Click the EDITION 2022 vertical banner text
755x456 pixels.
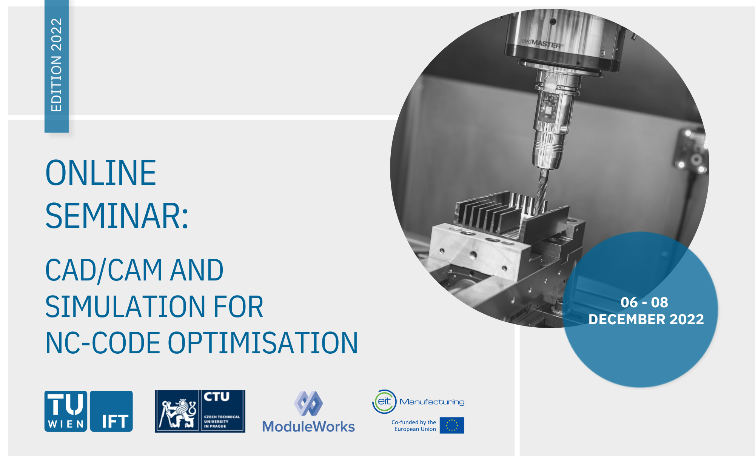click(x=57, y=65)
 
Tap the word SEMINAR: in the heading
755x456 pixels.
click(x=117, y=216)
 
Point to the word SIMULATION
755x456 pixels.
click(x=125, y=307)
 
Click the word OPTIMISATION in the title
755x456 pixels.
click(x=263, y=343)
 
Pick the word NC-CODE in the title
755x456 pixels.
click(x=103, y=343)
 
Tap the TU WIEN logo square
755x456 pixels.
click(x=66, y=411)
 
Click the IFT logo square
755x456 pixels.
click(x=112, y=411)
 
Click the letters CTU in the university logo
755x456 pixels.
click(x=217, y=397)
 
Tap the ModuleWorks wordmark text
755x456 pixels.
click(x=308, y=427)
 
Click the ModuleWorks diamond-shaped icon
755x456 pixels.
click(x=308, y=403)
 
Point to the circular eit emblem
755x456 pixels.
click(x=384, y=402)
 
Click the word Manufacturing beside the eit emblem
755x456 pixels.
click(x=432, y=402)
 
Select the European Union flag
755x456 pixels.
click(x=452, y=425)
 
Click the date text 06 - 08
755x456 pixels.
click(x=644, y=302)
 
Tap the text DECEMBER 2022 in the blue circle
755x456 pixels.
click(x=646, y=319)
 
